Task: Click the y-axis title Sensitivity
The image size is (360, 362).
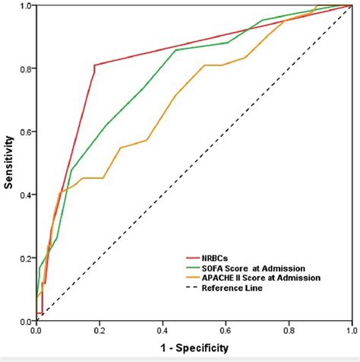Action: (x=9, y=163)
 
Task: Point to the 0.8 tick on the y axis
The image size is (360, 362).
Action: (x=26, y=68)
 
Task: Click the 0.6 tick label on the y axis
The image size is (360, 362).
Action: (x=26, y=132)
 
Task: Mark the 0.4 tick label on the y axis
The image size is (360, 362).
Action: (x=26, y=195)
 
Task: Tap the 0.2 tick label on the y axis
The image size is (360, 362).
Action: (x=26, y=258)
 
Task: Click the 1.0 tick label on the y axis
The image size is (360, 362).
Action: (x=26, y=6)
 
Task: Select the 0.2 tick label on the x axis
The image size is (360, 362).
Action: (x=99, y=331)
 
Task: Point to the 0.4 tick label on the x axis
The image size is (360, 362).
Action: (x=163, y=331)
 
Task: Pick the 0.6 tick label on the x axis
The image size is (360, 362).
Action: (x=226, y=331)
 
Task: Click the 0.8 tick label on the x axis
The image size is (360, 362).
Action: (x=289, y=331)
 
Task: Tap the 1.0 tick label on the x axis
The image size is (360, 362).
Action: (x=350, y=331)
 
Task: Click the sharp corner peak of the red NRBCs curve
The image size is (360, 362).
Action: (x=94, y=65)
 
